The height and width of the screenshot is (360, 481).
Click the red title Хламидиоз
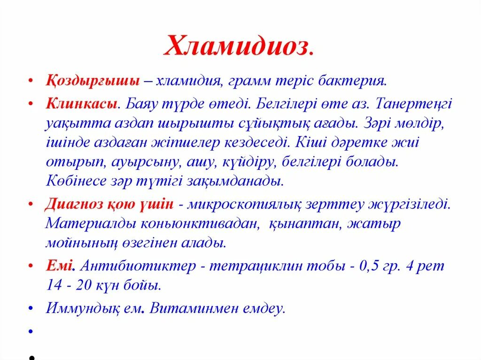pos(239,46)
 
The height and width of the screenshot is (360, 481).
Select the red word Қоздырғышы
pos(93,80)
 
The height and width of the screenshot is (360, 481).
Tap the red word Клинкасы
pos(81,104)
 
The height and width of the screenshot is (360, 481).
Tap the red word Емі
pos(60,266)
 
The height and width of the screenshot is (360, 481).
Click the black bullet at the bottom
pos(30,356)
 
